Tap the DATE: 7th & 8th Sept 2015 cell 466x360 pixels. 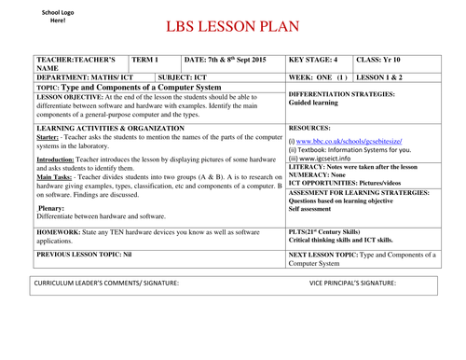(227, 60)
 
